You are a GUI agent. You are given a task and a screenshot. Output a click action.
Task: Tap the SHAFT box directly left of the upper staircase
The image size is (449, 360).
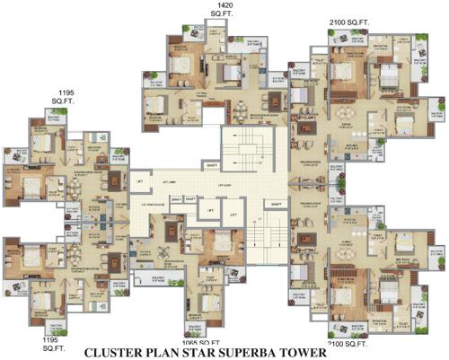coord(212,165)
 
